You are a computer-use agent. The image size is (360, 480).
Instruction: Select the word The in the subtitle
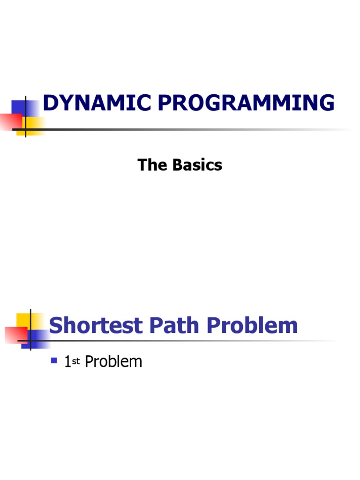coord(150,165)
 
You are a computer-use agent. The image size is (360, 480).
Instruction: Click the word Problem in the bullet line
coord(113,361)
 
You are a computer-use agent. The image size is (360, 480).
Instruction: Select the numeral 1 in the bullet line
coord(67,361)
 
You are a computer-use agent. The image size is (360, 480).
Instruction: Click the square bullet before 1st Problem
coord(54,360)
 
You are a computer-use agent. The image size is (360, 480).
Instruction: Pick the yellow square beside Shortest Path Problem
coord(24,320)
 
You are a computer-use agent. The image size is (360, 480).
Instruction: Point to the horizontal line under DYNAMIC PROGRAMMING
coord(187,129)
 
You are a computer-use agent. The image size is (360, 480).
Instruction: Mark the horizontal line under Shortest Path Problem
coord(187,341)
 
